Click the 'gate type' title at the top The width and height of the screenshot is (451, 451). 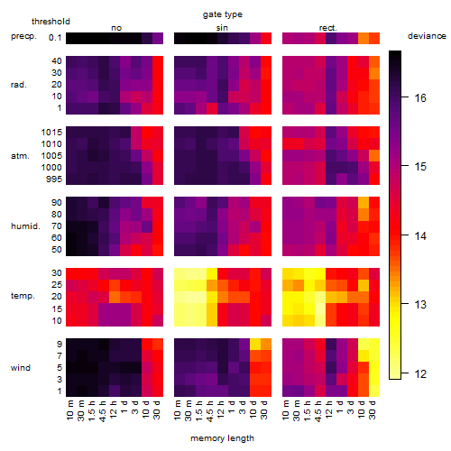[x=223, y=14]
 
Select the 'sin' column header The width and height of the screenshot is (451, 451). [x=222, y=28]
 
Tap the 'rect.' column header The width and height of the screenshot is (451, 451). [x=327, y=28]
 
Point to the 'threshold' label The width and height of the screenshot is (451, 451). [x=51, y=22]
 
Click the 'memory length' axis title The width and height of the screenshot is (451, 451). [x=222, y=438]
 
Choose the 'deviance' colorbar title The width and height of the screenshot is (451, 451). [x=427, y=36]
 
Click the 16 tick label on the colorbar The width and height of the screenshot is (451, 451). [x=420, y=97]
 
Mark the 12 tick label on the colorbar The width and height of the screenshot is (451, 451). [x=420, y=374]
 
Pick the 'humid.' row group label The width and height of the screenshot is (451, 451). [x=25, y=226]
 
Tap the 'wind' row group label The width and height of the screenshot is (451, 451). [x=21, y=368]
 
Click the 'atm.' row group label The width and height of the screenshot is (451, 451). [x=20, y=156]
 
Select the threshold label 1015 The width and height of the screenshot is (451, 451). [x=51, y=133]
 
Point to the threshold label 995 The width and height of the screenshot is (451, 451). [x=54, y=179]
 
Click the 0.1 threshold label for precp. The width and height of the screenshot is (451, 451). [x=55, y=38]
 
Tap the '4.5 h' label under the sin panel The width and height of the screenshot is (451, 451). [x=210, y=410]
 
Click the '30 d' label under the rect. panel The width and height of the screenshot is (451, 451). [x=373, y=410]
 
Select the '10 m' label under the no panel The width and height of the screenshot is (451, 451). [x=69, y=410]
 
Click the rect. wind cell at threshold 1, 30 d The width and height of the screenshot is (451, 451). [x=374, y=391]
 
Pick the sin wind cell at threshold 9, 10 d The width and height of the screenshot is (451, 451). [x=255, y=345]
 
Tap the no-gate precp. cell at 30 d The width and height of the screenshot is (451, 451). [x=158, y=38]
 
